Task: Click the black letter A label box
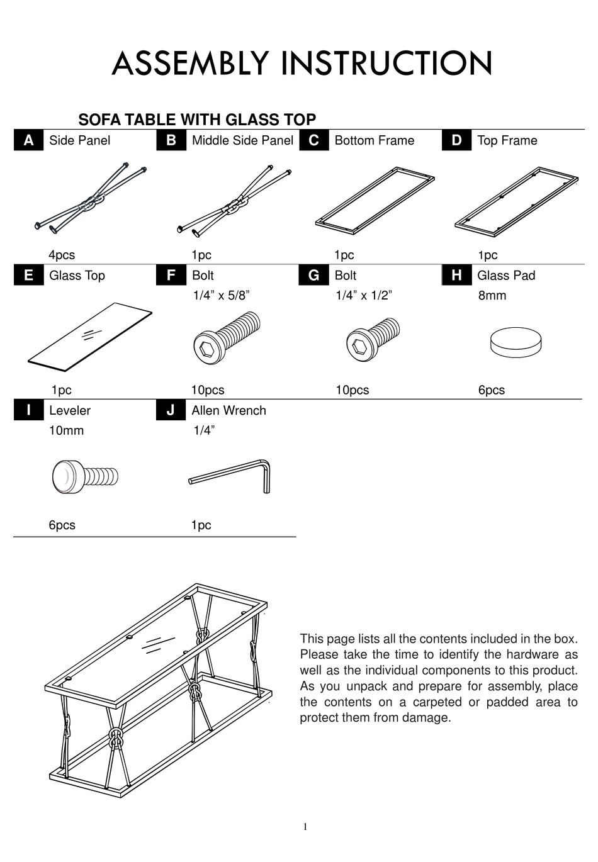click(x=28, y=140)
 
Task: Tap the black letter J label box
click(x=171, y=410)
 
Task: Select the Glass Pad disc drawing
click(x=516, y=343)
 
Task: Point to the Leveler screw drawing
click(x=84, y=476)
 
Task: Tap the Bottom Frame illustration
click(x=375, y=199)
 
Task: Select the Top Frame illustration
click(x=516, y=199)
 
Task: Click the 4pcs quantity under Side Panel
click(x=62, y=255)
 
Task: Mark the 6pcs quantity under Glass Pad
click(x=491, y=390)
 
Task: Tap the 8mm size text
click(x=492, y=295)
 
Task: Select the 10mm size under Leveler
click(x=66, y=430)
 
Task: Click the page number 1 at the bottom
click(x=305, y=827)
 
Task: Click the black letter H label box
click(x=456, y=276)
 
